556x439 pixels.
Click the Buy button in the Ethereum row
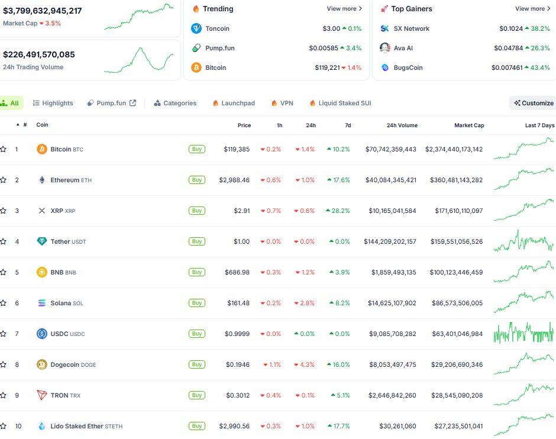coord(197,180)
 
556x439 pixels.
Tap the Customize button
coord(534,103)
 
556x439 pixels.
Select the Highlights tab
coord(53,103)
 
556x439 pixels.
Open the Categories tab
coord(175,103)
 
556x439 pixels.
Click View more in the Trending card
coord(344,8)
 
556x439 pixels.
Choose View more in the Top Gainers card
coord(532,8)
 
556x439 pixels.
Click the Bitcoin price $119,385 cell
coord(237,149)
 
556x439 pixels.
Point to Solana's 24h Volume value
coord(392,303)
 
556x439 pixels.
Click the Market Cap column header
coord(469,125)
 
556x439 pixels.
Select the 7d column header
coord(348,125)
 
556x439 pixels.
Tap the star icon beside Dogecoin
coord(3,364)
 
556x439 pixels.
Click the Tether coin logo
coord(42,241)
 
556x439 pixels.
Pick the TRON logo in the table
coord(42,395)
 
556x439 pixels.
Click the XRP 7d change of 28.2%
coord(338,211)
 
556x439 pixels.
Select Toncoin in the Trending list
coord(217,28)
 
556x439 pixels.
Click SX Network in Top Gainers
coord(411,28)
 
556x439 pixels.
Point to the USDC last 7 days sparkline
coord(523,333)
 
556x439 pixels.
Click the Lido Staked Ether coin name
coord(76,426)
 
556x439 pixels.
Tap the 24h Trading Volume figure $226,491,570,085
coord(39,54)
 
